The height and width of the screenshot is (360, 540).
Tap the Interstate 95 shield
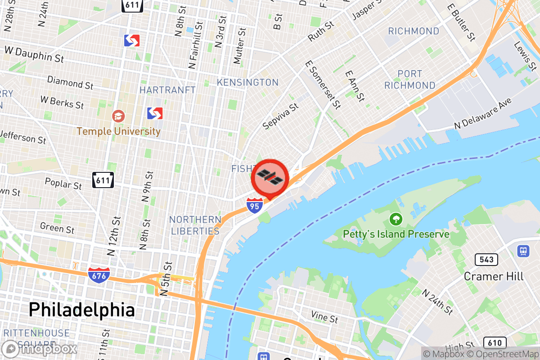click(255, 205)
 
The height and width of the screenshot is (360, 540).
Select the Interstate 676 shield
click(98, 274)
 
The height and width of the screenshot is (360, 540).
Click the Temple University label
click(118, 131)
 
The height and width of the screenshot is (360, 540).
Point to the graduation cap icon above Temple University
click(119, 116)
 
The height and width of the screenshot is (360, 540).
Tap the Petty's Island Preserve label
click(396, 234)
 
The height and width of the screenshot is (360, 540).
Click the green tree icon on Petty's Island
click(396, 219)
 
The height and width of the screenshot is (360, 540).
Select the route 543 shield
click(486, 259)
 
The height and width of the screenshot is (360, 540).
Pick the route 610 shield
click(494, 342)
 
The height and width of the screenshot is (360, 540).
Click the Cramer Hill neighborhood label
click(494, 276)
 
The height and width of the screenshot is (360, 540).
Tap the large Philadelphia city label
click(81, 310)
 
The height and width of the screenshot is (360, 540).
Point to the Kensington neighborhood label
click(247, 82)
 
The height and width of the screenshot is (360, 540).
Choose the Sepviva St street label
click(281, 117)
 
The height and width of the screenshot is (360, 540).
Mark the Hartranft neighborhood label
click(167, 90)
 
